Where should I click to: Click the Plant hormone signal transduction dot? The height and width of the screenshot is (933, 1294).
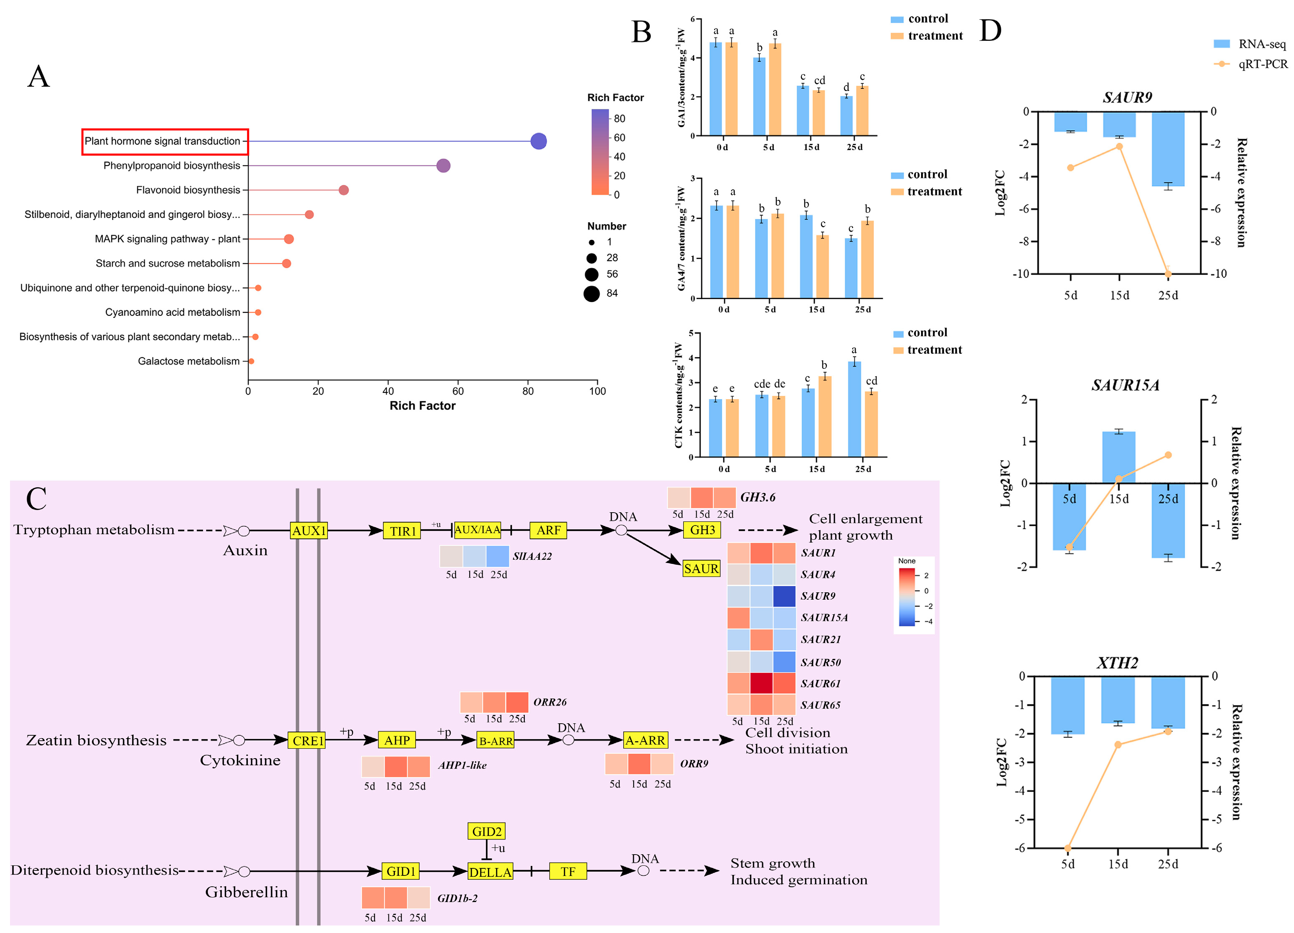click(x=538, y=141)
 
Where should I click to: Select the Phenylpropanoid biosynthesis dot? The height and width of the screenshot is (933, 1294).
click(x=443, y=166)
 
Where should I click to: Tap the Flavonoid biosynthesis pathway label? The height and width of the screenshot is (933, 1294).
click(x=188, y=190)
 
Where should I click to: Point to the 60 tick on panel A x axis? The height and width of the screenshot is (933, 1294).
click(x=458, y=391)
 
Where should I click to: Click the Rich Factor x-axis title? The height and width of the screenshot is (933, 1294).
click(x=422, y=405)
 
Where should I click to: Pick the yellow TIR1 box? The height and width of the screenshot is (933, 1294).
click(x=402, y=531)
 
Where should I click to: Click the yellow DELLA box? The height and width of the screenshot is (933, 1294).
click(x=490, y=871)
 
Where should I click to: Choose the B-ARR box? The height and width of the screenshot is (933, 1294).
click(x=495, y=741)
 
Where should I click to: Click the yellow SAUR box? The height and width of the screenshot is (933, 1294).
click(x=701, y=568)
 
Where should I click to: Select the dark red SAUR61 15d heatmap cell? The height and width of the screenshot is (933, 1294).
click(x=761, y=683)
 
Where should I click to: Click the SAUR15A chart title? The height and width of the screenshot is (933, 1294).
click(x=1125, y=385)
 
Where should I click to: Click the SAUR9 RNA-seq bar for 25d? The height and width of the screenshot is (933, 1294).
click(x=1168, y=149)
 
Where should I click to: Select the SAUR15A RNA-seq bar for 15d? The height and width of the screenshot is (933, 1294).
click(x=1118, y=458)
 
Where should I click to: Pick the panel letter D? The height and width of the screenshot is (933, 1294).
click(x=990, y=31)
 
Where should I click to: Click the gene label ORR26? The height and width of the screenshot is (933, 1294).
click(x=549, y=702)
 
